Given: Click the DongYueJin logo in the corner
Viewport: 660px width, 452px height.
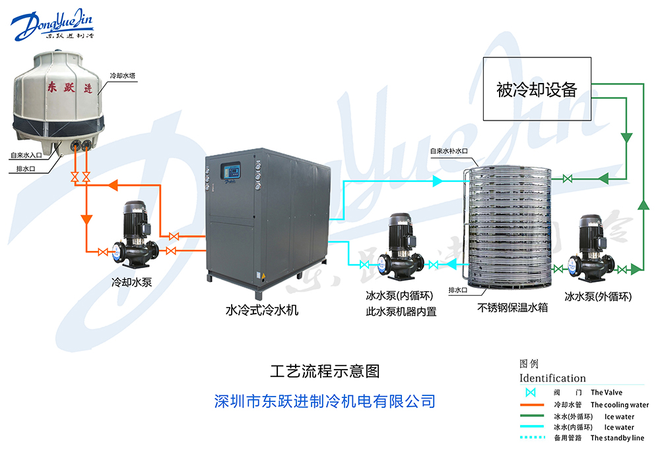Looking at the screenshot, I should pyautogui.click(x=53, y=24).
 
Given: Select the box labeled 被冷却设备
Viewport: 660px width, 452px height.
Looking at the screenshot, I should pyautogui.click(x=537, y=89).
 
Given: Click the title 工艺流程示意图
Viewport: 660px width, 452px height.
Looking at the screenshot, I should pyautogui.click(x=325, y=371).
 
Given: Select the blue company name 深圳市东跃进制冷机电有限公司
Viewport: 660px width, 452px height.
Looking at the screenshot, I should pyautogui.click(x=325, y=401).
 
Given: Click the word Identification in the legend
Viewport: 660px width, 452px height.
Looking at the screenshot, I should pyautogui.click(x=552, y=378).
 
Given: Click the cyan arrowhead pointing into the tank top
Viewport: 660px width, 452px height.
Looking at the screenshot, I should pyautogui.click(x=437, y=179).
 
